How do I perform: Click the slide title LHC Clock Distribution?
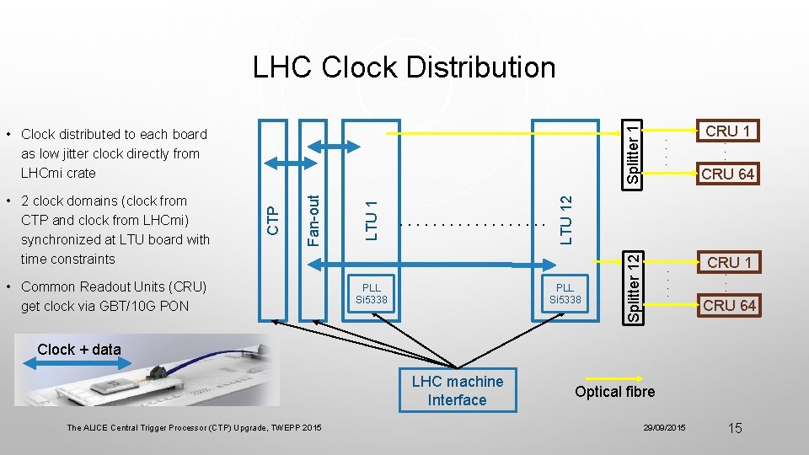(404, 67)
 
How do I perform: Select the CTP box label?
(272, 221)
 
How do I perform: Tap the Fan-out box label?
(313, 221)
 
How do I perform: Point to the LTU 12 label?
(566, 220)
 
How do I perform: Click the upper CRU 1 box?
(729, 131)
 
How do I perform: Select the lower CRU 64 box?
(729, 305)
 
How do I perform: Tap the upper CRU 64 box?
(729, 174)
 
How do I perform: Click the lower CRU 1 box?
(729, 262)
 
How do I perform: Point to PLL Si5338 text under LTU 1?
(372, 293)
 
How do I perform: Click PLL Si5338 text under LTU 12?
(565, 293)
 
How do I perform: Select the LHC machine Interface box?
(457, 391)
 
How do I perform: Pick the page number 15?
(734, 428)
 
